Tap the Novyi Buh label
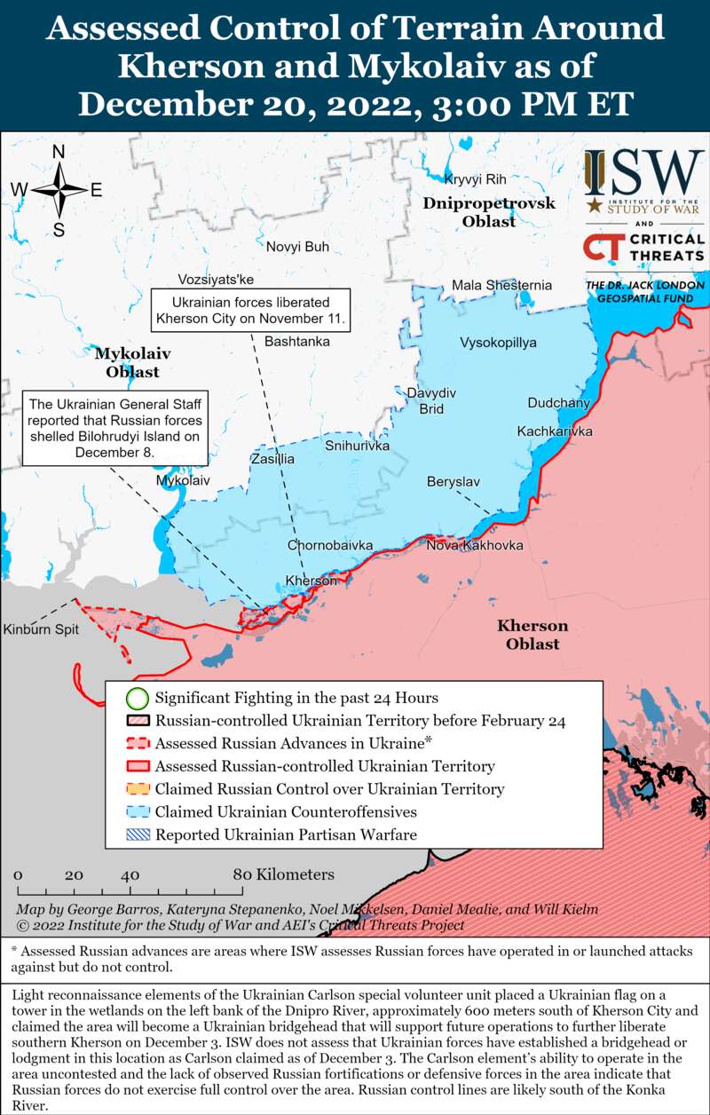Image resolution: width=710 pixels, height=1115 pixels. (x=297, y=247)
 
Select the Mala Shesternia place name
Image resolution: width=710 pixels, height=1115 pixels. (x=501, y=285)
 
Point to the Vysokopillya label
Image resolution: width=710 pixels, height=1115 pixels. (x=498, y=343)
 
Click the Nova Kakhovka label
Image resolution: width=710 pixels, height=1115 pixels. (x=474, y=545)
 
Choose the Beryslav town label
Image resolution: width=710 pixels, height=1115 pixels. (x=453, y=481)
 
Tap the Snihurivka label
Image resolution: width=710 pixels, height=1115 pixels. (x=357, y=446)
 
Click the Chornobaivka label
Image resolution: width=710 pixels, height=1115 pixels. (x=329, y=545)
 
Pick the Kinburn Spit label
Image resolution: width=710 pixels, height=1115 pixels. (x=41, y=629)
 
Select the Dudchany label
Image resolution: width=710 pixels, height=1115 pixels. (x=558, y=403)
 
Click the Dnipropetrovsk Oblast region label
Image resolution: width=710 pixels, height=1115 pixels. (x=489, y=212)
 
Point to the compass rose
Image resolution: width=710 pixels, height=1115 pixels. (x=59, y=190)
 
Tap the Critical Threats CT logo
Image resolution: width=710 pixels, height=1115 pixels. (x=602, y=248)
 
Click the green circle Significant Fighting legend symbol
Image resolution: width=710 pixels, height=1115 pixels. (x=137, y=698)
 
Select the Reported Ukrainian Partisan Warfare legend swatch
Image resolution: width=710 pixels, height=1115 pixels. (x=137, y=834)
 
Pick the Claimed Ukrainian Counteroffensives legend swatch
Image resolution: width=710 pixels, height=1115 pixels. (x=137, y=811)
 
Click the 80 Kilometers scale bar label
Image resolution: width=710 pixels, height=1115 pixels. (x=284, y=874)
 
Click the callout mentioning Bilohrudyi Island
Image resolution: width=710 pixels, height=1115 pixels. (x=115, y=427)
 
